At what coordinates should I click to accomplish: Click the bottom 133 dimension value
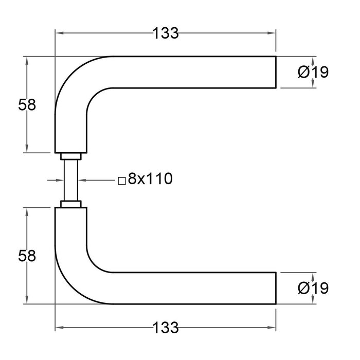pyautogui.click(x=165, y=327)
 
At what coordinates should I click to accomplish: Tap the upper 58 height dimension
pyautogui.click(x=27, y=105)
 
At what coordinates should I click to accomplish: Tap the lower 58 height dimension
pyautogui.click(x=27, y=256)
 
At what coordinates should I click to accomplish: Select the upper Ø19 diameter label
pyautogui.click(x=313, y=73)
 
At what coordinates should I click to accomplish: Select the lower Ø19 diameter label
pyautogui.click(x=313, y=288)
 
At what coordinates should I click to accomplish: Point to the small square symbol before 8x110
pyautogui.click(x=121, y=181)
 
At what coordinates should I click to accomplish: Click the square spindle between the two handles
pyautogui.click(x=70, y=180)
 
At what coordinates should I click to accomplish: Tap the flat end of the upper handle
pyautogui.click(x=276, y=72)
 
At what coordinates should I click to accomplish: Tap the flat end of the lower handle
pyautogui.click(x=276, y=288)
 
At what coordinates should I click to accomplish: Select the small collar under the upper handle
pyautogui.click(x=70, y=156)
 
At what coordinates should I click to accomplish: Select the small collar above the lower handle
pyautogui.click(x=70, y=204)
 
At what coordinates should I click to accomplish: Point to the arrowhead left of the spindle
pyautogui.click(x=58, y=180)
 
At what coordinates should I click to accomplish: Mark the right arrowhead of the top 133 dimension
pyautogui.click(x=273, y=33)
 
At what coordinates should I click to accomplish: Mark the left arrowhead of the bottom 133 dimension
pyautogui.click(x=59, y=327)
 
